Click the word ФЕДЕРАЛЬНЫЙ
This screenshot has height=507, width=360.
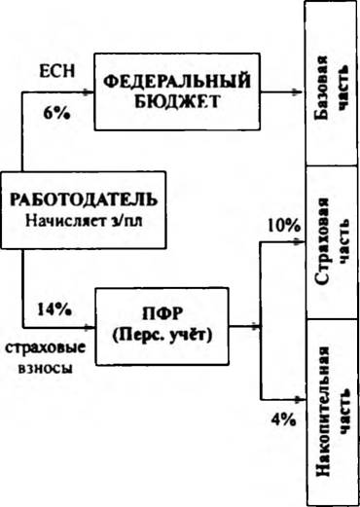177,82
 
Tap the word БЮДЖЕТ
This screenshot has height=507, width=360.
177,101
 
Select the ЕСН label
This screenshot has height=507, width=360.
56,70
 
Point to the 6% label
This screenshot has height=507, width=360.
56,114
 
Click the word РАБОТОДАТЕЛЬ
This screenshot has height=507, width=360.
84,199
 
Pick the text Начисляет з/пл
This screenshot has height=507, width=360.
84,221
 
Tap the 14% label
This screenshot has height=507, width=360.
54,309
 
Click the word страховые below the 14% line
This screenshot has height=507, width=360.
46,348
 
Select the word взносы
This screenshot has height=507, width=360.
46,369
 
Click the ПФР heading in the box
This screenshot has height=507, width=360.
162,313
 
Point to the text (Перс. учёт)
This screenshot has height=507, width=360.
162,336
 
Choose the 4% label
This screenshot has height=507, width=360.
283,420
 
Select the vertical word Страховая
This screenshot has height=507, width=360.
322,241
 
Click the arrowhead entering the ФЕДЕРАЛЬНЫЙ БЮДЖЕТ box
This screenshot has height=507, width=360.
89,92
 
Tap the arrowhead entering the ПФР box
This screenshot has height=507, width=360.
90,327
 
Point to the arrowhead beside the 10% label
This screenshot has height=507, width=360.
300,241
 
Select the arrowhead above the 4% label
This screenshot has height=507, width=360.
300,399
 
